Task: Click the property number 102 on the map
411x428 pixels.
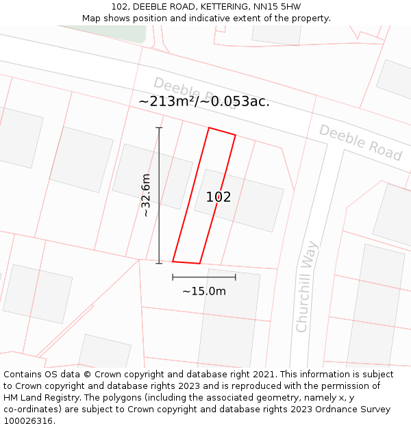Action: [x=219, y=197]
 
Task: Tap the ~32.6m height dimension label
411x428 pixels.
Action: [x=145, y=195]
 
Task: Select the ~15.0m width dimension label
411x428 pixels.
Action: [x=203, y=291]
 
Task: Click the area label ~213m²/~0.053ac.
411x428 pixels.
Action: [x=204, y=101]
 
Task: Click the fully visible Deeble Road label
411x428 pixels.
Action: [x=360, y=142]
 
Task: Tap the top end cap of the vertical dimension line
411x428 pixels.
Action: [x=159, y=128]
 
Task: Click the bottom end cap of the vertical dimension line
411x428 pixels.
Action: [x=159, y=263]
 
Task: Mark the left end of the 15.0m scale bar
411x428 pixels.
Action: [x=173, y=277]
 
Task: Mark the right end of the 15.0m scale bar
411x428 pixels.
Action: [x=236, y=277]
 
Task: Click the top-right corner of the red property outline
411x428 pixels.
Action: [x=236, y=135]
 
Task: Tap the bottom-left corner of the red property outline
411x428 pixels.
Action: [x=173, y=261]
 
